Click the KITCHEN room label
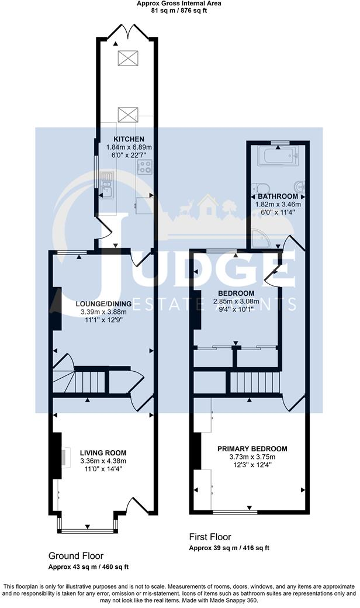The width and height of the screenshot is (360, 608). pos(124,139)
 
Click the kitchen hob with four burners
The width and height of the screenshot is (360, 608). pos(145,168)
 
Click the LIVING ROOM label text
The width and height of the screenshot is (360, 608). pos(103,452)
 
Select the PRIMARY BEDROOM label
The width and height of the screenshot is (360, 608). pos(252,448)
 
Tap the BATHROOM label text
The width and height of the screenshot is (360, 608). pos(278,196)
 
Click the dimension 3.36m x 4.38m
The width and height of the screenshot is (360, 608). pos(103,461)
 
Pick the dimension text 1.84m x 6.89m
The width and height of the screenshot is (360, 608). pos(124,147)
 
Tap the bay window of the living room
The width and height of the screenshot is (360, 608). pos(88,531)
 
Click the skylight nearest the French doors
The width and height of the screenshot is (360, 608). pos(126,57)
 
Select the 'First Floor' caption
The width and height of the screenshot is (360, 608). pos(210,537)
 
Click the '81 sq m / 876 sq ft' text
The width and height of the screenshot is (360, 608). pos(179,10)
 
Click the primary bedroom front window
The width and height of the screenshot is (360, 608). pos(234,512)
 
